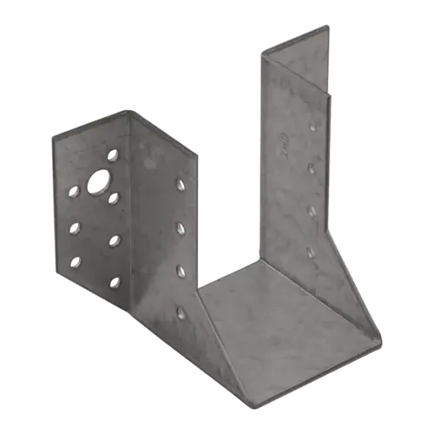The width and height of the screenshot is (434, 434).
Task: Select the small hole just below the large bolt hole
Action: tap(114, 197)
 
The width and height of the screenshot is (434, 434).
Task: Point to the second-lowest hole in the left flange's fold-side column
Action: tap(114, 239)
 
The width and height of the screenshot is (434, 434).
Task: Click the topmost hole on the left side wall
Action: tap(180, 185)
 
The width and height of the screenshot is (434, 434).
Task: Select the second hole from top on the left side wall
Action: tap(180, 227)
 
